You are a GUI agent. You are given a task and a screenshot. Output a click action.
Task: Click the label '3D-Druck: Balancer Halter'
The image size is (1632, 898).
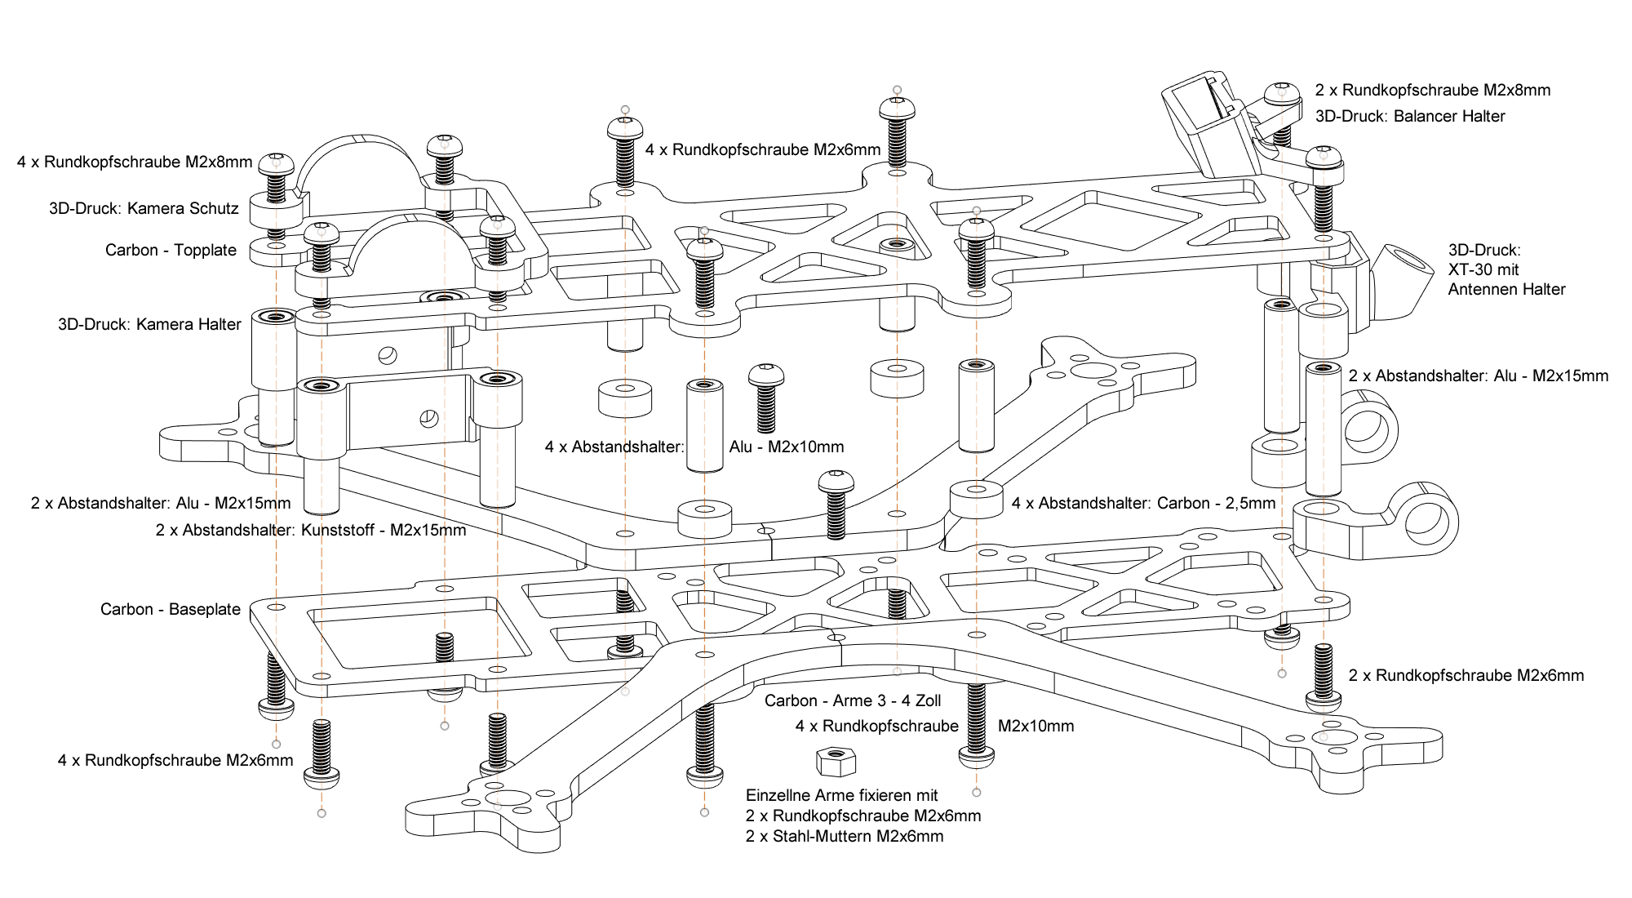point(1410,116)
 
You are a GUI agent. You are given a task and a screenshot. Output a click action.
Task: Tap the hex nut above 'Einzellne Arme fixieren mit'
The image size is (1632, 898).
point(836,762)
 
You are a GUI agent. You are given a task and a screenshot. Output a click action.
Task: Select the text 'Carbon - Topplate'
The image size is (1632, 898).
point(171,250)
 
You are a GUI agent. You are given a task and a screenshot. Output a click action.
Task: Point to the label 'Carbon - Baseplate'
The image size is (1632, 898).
point(171,609)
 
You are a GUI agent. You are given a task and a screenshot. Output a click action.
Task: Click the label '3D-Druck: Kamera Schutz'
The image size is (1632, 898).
point(144,208)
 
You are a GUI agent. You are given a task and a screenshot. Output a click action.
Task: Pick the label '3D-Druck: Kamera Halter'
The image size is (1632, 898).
point(149,324)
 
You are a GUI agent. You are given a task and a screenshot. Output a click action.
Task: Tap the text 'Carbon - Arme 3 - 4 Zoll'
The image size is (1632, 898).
point(853,700)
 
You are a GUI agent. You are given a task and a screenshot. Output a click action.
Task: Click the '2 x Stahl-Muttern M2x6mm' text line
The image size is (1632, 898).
point(845,836)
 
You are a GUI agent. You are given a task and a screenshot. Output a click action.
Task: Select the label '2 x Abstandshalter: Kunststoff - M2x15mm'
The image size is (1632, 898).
point(311,530)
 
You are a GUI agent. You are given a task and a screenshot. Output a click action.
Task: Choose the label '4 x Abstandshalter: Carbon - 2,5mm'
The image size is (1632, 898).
point(1143,503)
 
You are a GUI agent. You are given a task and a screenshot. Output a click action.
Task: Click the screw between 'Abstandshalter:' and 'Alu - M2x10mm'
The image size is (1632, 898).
point(766,397)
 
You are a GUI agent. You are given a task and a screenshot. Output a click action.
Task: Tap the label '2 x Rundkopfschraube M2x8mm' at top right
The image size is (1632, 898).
point(1433,90)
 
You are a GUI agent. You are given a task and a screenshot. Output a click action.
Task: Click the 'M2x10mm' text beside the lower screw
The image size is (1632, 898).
point(1036,726)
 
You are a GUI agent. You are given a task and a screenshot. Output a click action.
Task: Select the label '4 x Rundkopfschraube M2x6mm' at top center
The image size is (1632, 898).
point(763,149)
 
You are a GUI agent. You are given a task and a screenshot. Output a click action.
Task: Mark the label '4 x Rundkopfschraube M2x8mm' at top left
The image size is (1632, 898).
point(135,162)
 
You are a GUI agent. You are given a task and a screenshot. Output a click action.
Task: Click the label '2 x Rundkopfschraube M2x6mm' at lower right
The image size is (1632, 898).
point(1466,675)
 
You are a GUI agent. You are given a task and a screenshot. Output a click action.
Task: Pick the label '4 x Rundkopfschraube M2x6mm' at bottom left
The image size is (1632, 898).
point(175,760)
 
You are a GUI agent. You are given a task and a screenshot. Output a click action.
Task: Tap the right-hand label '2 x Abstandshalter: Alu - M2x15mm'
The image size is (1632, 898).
point(1479,376)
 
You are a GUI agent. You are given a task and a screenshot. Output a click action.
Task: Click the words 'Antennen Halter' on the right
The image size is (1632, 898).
point(1506,289)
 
